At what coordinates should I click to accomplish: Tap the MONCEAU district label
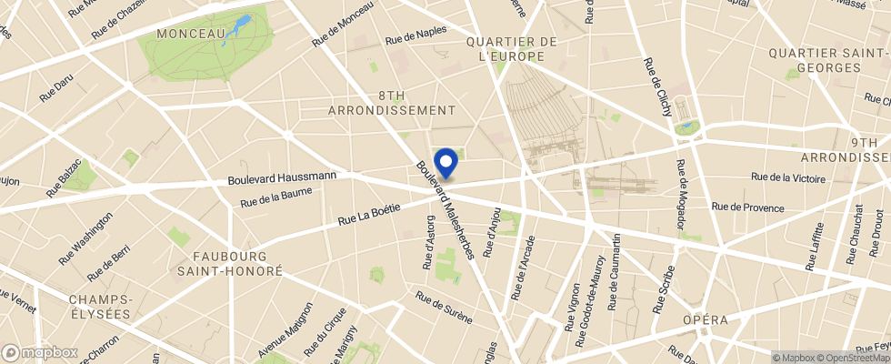coord(191,34)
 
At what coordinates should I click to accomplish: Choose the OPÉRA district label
coord(706,319)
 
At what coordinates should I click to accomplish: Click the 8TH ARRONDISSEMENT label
coord(391,102)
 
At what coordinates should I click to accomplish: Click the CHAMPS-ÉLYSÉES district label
coord(101,306)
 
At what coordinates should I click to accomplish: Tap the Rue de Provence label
coord(747,207)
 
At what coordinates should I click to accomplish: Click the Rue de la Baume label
coord(276,197)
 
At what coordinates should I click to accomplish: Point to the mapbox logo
coord(40,352)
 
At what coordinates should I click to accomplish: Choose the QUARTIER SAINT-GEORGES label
coord(826,60)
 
